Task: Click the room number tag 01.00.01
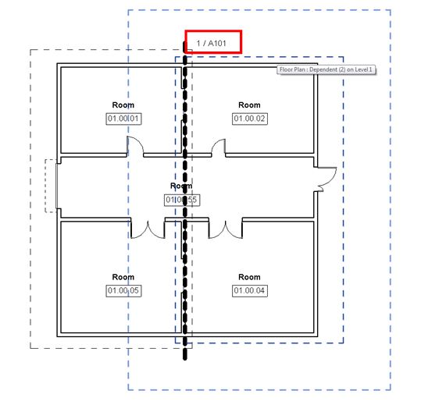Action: click(123, 119)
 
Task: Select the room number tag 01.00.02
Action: click(249, 119)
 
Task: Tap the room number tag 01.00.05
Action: click(123, 290)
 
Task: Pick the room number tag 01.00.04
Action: click(249, 290)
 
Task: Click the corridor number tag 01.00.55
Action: click(181, 200)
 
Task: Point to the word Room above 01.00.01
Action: click(123, 105)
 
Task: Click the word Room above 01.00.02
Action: click(249, 105)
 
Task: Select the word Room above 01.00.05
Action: click(123, 277)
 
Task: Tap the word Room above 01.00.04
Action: click(249, 277)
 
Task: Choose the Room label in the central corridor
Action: click(181, 186)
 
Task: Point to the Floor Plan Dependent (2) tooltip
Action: click(327, 70)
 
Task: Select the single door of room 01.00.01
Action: click(136, 146)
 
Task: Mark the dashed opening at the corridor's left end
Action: click(52, 186)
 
